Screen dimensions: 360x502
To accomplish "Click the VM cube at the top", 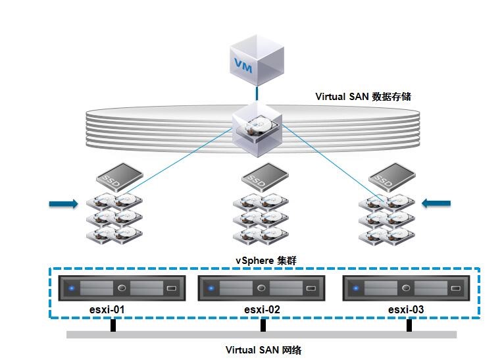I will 257,63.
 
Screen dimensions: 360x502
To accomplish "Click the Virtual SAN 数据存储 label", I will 364,96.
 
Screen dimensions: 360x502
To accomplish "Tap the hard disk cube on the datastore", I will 257,130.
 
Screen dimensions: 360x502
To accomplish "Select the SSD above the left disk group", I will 118,177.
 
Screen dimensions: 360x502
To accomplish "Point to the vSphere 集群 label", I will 266,261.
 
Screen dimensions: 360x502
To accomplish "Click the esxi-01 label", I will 107,309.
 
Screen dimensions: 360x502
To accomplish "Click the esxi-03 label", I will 407,309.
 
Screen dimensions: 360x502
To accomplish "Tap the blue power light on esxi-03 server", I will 356,288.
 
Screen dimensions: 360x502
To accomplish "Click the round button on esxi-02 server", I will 262,288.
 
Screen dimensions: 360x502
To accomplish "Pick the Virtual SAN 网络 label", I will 263,349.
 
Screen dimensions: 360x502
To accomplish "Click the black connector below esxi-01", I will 113,325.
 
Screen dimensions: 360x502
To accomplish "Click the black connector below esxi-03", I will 409,325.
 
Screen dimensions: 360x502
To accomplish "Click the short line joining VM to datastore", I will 257,93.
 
